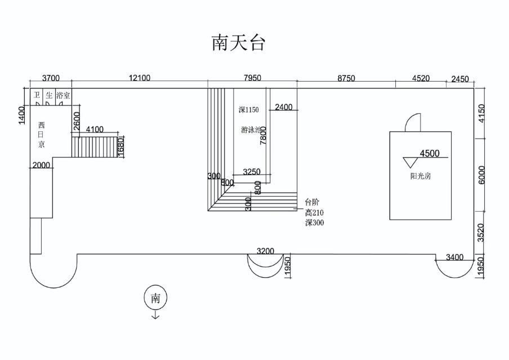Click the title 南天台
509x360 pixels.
[238, 43]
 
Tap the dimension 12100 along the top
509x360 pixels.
[139, 78]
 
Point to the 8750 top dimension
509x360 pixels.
[346, 78]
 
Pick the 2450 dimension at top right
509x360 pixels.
[460, 79]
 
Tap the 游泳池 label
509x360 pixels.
[250, 130]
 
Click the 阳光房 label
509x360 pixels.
[420, 176]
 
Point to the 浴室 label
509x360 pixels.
[63, 96]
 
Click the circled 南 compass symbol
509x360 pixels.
[155, 298]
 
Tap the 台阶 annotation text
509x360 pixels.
[312, 202]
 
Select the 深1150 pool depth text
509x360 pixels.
[248, 109]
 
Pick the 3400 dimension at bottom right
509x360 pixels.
[454, 257]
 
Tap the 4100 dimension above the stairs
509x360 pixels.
[95, 130]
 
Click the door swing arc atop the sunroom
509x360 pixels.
[414, 122]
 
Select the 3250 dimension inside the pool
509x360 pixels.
[251, 171]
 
